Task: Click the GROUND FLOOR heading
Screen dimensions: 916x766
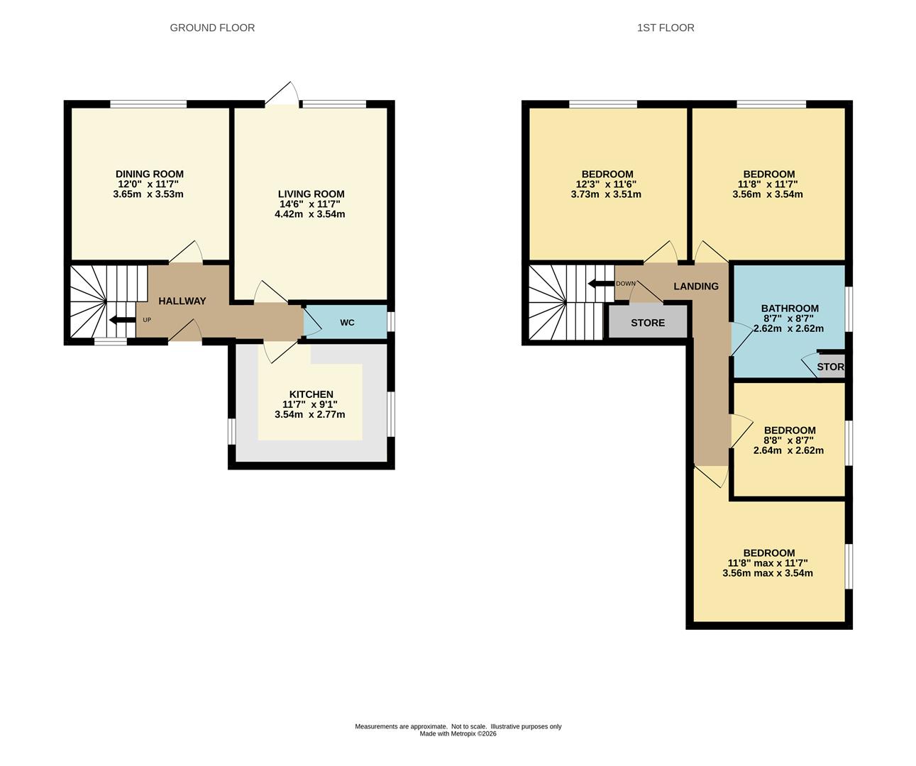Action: tap(212, 28)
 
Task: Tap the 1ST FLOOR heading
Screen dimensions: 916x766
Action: tap(666, 28)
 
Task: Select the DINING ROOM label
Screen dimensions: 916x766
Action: tap(150, 174)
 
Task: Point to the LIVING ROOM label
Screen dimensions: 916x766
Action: tap(311, 194)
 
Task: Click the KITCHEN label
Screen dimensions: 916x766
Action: tap(311, 394)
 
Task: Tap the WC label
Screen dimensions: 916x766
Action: tap(347, 323)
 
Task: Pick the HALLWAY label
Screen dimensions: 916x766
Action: tap(182, 301)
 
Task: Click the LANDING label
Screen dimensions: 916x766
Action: tap(696, 287)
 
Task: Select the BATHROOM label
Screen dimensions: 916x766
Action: tap(790, 309)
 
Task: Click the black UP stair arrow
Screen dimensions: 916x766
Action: tap(123, 320)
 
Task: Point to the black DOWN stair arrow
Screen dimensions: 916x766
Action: tap(601, 284)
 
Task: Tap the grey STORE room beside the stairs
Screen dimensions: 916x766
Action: tap(648, 322)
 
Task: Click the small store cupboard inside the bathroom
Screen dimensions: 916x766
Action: tap(831, 366)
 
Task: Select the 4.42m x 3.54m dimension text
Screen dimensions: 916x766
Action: tap(310, 214)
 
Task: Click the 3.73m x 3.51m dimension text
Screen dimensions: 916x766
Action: tap(606, 194)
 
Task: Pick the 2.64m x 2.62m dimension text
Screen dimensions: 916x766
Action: tap(788, 450)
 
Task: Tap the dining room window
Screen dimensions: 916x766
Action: tap(148, 104)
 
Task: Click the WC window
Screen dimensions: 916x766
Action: tap(391, 321)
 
